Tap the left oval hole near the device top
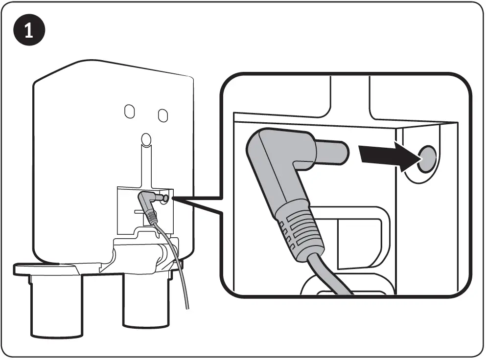(x=129, y=112)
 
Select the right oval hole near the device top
(x=163, y=115)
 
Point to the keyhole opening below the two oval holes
(x=145, y=139)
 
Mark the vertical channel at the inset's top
(x=350, y=95)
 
